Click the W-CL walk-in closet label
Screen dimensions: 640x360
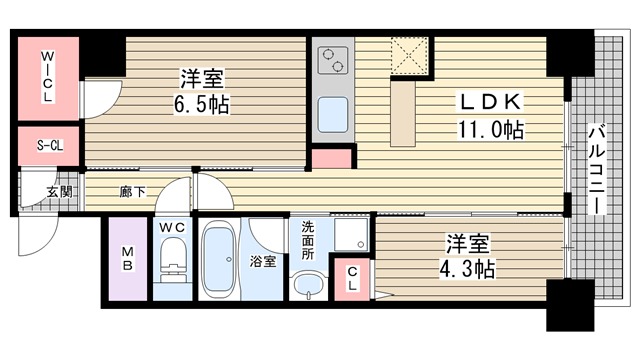(x=48, y=77)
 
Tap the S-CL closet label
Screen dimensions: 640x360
(x=50, y=146)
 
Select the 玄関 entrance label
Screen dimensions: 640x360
(x=60, y=191)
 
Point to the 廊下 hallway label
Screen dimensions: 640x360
(x=133, y=191)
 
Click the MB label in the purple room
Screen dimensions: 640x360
(x=127, y=259)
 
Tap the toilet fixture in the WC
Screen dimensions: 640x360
(x=173, y=260)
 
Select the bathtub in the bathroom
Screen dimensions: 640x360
(x=219, y=259)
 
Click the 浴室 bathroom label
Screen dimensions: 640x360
(x=263, y=261)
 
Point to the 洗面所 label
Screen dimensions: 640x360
(x=308, y=241)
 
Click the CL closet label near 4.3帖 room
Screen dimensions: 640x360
(x=353, y=279)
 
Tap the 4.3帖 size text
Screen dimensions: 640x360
(x=467, y=269)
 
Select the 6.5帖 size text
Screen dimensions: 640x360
(x=202, y=104)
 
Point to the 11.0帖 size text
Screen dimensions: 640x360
(x=491, y=130)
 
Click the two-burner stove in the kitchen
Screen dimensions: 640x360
(x=333, y=60)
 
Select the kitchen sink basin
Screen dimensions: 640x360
(x=333, y=115)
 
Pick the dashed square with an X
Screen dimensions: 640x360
(x=409, y=56)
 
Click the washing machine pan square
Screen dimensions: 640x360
(x=351, y=234)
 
